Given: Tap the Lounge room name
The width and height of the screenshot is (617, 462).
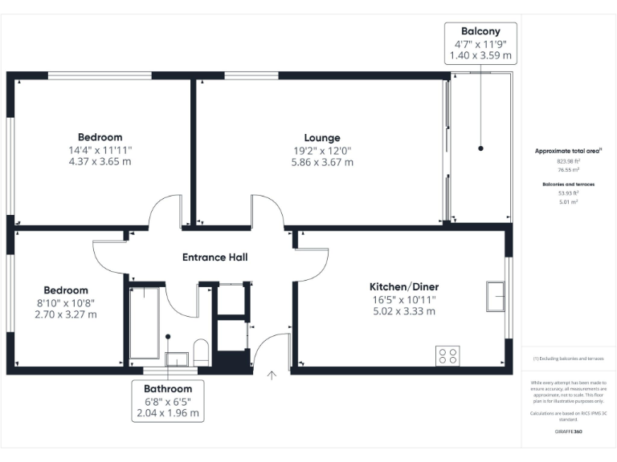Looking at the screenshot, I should [x=321, y=137].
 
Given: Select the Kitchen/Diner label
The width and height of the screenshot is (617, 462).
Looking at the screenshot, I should [x=403, y=286].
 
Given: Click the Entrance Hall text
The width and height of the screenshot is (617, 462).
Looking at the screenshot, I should [x=215, y=257].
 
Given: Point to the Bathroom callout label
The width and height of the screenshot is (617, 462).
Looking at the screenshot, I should [x=168, y=388].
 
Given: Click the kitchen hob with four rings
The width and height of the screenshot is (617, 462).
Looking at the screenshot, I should [x=447, y=355].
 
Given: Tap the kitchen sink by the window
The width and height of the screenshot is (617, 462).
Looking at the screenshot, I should [x=495, y=297].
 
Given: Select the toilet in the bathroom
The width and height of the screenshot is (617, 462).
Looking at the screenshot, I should [x=202, y=352].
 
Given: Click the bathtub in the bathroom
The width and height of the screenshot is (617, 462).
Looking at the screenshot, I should [x=145, y=321].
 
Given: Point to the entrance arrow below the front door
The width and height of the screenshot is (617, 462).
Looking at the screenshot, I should [x=272, y=374].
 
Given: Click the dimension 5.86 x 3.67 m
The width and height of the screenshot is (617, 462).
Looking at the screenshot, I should [x=321, y=161].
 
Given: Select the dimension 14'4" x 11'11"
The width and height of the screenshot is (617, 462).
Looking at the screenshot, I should [x=100, y=149].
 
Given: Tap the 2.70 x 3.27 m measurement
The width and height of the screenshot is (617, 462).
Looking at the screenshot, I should [x=66, y=314].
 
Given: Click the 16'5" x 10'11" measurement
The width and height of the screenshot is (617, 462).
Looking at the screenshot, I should [x=403, y=299].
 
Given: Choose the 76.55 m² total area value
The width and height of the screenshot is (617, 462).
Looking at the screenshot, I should [x=569, y=170].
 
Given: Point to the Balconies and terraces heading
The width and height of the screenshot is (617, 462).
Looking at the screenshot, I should [x=569, y=184].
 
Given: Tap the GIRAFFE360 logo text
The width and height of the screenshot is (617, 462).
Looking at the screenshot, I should [x=569, y=432].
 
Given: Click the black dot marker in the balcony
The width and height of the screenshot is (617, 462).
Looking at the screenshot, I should [x=480, y=148].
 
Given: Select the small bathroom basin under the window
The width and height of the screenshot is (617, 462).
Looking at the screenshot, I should [x=176, y=359].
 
